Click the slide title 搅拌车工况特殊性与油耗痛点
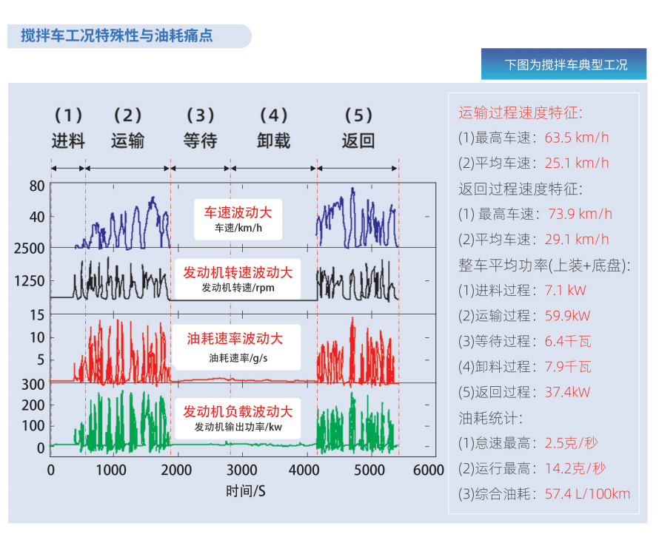(117, 35)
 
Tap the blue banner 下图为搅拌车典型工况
(566, 64)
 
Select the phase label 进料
(68, 141)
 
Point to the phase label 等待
(200, 141)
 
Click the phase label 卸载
(273, 141)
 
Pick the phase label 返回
(358, 141)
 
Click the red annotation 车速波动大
(238, 212)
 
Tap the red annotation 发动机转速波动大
(238, 272)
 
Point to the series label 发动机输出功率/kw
(238, 427)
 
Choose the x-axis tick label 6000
(429, 470)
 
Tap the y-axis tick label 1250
(30, 281)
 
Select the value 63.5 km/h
(577, 138)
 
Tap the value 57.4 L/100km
(588, 493)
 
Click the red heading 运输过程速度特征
(521, 112)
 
